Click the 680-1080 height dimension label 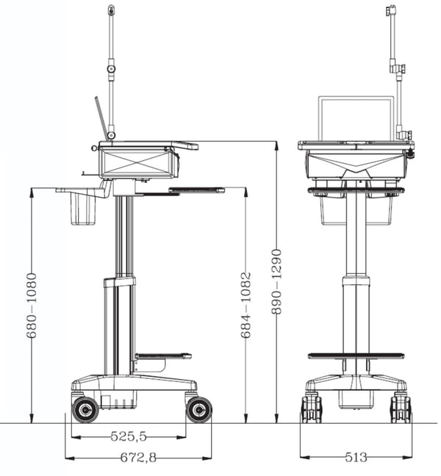tap(32, 306)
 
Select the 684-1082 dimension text tap(246, 305)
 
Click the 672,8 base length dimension tap(140, 458)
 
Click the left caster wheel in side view tap(85, 409)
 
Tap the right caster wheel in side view tap(198, 409)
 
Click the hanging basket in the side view tap(85, 211)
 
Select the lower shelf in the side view tap(162, 356)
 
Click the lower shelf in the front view tap(356, 356)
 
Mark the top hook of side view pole tap(111, 11)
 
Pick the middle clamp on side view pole tap(111, 69)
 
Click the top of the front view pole tap(392, 10)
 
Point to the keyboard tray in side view tap(196, 190)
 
